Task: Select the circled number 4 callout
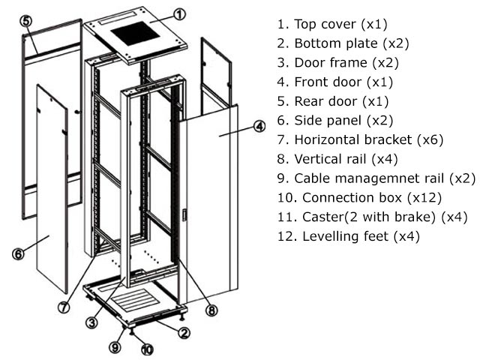pos(259,126)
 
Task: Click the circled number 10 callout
pos(147,349)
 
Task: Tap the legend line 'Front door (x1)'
pos(334,82)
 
